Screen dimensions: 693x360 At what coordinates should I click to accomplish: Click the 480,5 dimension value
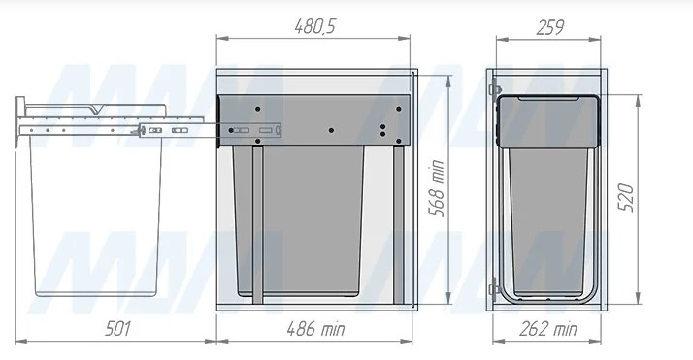315,26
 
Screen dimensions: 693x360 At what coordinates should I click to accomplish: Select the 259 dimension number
549,27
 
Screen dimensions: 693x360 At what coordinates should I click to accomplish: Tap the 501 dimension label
117,329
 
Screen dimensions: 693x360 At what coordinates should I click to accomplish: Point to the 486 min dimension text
315,329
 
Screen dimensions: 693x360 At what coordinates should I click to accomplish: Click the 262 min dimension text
548,329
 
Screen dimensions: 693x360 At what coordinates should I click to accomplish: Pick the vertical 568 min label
437,188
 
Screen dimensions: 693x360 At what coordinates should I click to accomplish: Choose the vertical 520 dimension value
626,197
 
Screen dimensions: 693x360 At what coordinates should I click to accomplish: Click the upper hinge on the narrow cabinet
495,90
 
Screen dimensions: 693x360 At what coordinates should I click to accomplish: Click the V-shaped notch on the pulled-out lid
96,109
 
